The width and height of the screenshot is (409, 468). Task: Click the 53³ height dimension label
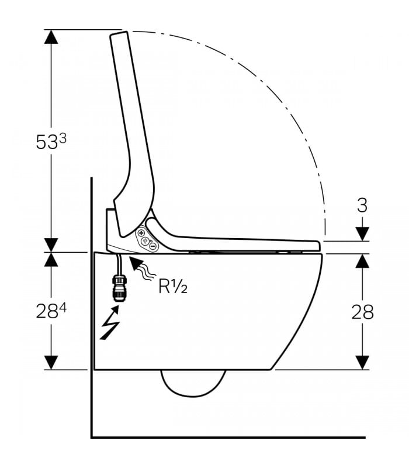(51, 141)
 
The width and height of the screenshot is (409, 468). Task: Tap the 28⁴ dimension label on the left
(51, 311)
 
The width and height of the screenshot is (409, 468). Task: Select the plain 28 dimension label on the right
(362, 312)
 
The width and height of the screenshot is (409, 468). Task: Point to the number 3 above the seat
(362, 205)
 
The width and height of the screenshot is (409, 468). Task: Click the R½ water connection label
(173, 287)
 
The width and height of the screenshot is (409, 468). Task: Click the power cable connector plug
(119, 288)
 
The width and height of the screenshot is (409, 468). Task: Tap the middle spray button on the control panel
(145, 240)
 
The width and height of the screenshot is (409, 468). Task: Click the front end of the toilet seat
(318, 246)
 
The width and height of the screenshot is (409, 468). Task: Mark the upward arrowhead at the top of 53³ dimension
(51, 37)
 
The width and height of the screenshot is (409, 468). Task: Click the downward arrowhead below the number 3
(362, 233)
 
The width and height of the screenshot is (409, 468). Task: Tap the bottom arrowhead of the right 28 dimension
(362, 363)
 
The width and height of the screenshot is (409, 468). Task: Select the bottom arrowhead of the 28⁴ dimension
(51, 363)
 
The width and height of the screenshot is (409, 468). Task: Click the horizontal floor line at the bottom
(228, 438)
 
